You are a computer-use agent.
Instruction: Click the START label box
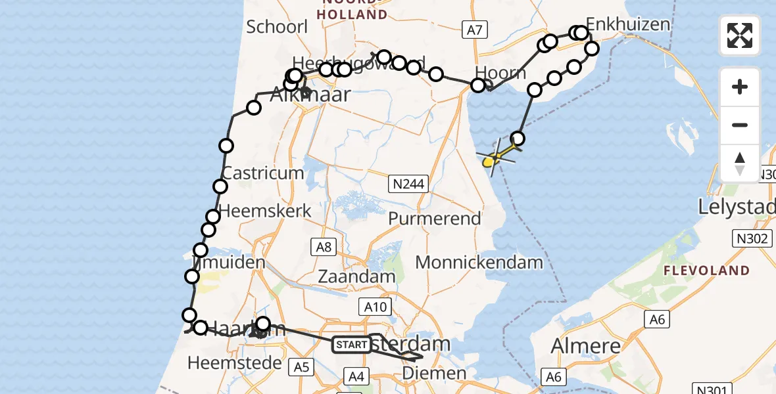(x=352, y=344)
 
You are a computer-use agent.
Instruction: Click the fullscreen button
(x=740, y=35)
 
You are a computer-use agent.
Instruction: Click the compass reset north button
(x=740, y=164)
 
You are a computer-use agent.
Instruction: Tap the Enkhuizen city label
(x=628, y=25)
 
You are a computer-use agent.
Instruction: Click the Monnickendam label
(x=479, y=263)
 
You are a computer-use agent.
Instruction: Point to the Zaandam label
(x=356, y=276)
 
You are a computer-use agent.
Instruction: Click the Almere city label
(x=585, y=345)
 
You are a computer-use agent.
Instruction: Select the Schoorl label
(x=277, y=27)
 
